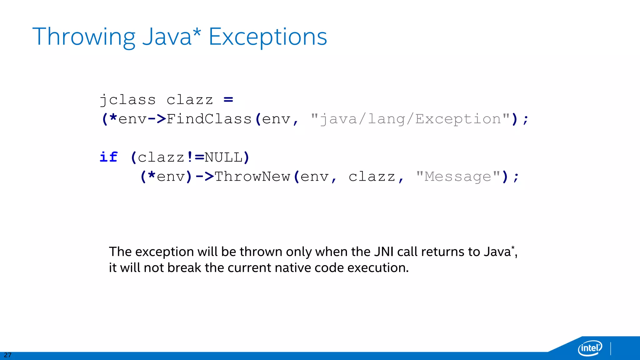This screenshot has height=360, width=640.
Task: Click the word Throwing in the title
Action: pyautogui.click(x=84, y=37)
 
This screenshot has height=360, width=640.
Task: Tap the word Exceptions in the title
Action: pyautogui.click(x=267, y=37)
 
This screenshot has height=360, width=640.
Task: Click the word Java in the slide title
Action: pyautogui.click(x=167, y=37)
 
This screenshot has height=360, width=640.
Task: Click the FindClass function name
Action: pyautogui.click(x=209, y=119)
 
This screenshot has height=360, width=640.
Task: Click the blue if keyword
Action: pyautogui.click(x=108, y=157)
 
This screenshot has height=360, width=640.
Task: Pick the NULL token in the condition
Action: pyautogui.click(x=223, y=157)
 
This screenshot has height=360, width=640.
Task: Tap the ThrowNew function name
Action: pyautogui.click(x=252, y=177)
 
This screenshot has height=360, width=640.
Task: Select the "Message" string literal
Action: pyautogui.click(x=458, y=177)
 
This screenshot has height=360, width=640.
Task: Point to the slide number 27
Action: pyautogui.click(x=7, y=355)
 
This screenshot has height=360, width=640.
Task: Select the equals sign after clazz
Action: pyautogui.click(x=228, y=100)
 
